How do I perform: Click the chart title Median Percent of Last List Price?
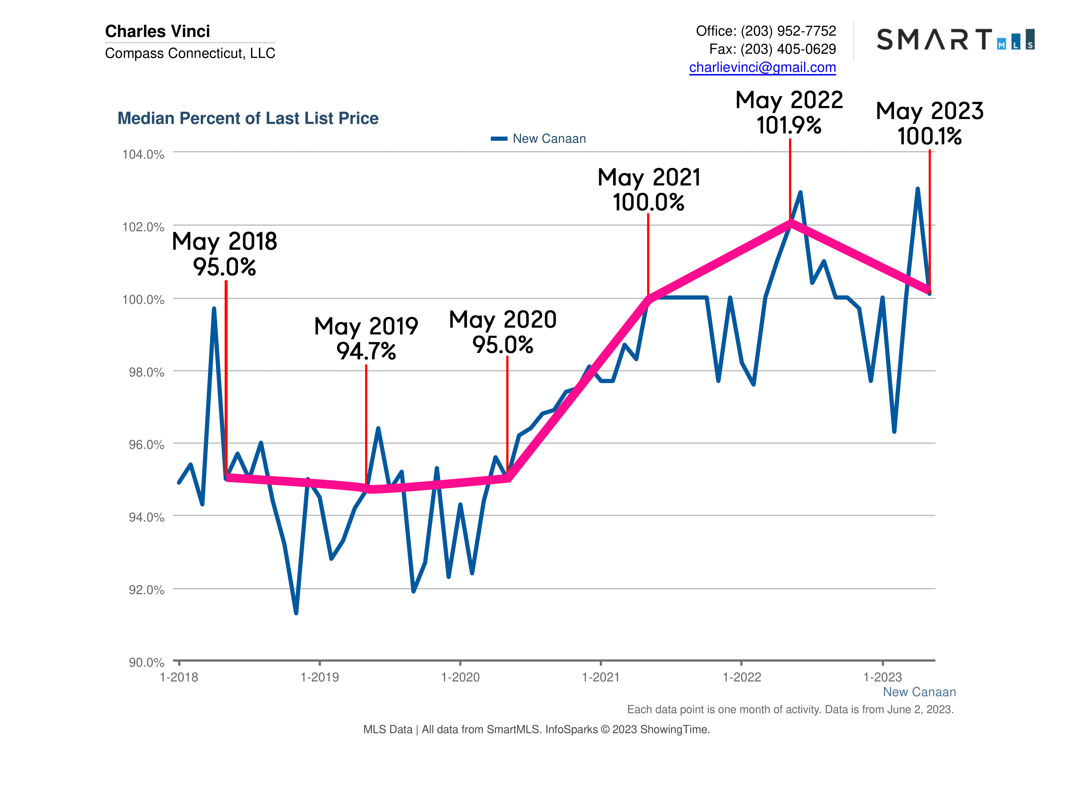[x=248, y=118]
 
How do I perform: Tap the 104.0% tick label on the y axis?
[x=143, y=154]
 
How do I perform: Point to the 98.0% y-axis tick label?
[x=146, y=372]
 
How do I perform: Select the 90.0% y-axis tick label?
[x=146, y=662]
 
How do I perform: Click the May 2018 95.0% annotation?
[x=224, y=254]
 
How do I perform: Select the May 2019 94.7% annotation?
[x=366, y=338]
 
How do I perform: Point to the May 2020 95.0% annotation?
[x=502, y=332]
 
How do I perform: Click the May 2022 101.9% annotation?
[x=789, y=112]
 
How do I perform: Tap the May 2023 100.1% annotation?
[x=929, y=123]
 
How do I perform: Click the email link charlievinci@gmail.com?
[x=762, y=68]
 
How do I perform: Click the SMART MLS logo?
[x=955, y=40]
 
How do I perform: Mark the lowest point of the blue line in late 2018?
[x=296, y=613]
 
